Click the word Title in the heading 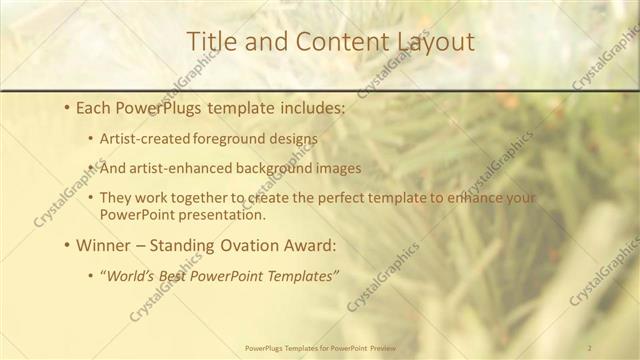(211, 41)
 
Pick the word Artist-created (140, 139)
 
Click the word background (264, 168)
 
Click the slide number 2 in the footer (589, 348)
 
